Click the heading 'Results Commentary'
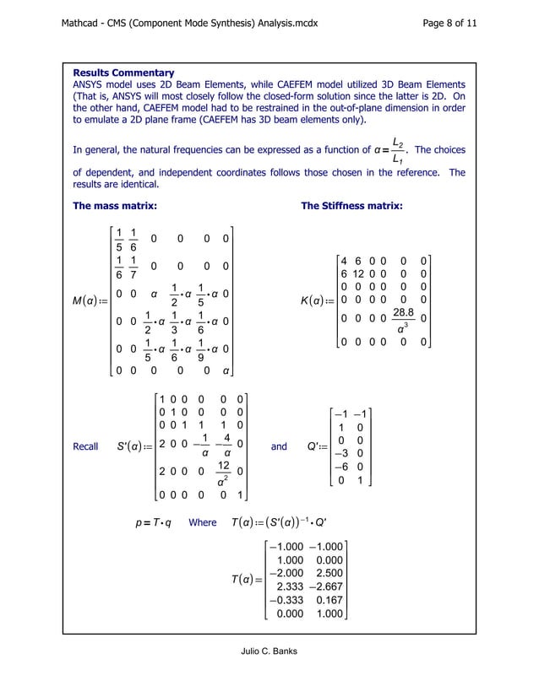(124, 73)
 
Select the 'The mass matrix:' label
(115, 206)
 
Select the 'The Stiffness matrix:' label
(351, 206)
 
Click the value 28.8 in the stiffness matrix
(406, 311)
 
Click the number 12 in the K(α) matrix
(361, 274)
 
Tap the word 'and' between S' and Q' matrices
(279, 447)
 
